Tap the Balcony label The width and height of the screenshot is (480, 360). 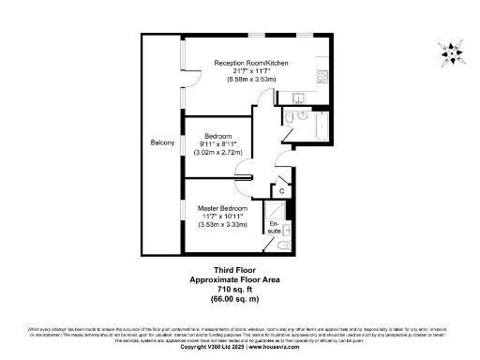162,142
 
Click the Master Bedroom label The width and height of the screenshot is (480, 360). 222,207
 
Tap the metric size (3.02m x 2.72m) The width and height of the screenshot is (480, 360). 217,151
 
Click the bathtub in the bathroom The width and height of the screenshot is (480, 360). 316,127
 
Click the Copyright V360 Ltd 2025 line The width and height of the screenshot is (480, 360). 240,347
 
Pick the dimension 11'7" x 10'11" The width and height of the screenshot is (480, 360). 222,216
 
